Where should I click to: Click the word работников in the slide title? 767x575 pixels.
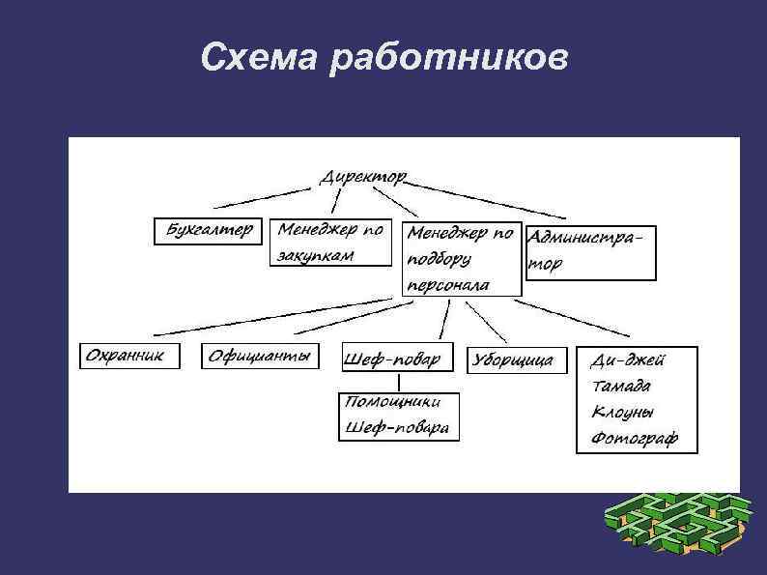[x=448, y=61]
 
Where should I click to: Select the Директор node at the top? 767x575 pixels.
[x=363, y=179]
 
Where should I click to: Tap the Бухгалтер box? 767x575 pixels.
[x=208, y=231]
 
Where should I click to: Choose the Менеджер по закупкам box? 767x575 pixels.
[x=331, y=243]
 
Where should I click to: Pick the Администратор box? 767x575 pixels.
[x=589, y=250]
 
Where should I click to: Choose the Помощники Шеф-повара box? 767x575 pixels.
[x=398, y=416]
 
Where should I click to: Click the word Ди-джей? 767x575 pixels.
[x=628, y=360]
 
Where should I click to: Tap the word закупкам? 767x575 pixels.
[x=316, y=256]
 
